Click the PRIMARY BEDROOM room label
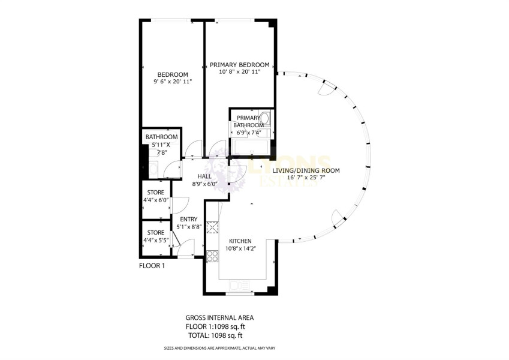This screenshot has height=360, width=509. point(240,65)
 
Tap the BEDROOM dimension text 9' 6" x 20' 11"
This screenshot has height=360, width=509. point(173,82)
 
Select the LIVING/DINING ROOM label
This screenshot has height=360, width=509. point(306,170)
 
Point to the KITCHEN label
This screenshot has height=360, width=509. point(240,241)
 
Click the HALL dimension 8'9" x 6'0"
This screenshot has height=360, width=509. point(204,184)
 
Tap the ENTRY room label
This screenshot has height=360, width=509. point(189,220)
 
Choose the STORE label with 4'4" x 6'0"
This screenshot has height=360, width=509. point(156,193)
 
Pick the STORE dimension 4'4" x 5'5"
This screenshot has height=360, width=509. point(156,241)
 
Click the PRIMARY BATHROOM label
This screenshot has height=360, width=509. point(248,122)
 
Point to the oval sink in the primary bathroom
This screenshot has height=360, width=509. point(265,118)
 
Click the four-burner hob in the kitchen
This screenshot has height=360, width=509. point(213,256)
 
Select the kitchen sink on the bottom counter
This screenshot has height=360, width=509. point(240,286)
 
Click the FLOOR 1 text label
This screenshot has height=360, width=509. point(152,266)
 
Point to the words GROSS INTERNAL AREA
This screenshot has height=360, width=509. point(220,318)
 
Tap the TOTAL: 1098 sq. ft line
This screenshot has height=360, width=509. point(215,335)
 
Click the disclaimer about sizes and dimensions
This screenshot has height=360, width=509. point(220,348)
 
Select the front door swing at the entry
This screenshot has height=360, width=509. point(186,247)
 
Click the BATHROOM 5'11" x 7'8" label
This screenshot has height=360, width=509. point(161,145)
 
